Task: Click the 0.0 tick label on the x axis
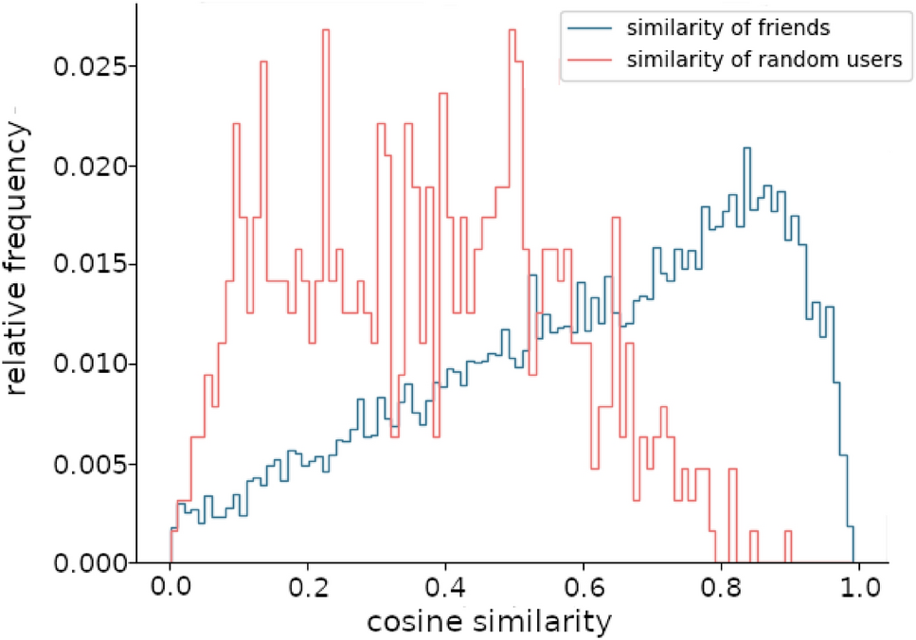(x=171, y=588)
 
